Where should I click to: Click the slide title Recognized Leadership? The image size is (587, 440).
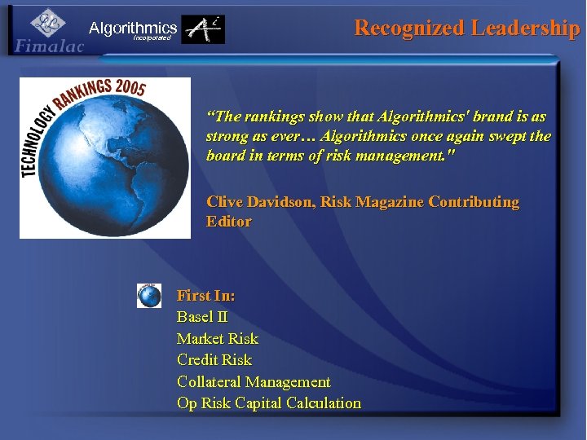[x=466, y=28]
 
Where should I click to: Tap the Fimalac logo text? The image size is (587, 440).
[x=49, y=46]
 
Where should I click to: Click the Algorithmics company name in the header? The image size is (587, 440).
[x=133, y=28]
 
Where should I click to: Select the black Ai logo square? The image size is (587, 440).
[x=203, y=29]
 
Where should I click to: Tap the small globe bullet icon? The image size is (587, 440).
[x=149, y=295]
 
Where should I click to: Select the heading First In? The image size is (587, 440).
[x=205, y=296]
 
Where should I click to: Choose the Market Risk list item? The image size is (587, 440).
[x=217, y=338]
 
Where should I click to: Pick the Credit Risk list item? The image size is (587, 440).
[x=214, y=359]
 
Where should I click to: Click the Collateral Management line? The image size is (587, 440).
[x=254, y=381]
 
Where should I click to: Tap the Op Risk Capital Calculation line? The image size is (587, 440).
[x=268, y=403]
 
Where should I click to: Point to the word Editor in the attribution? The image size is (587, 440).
[x=229, y=222]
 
